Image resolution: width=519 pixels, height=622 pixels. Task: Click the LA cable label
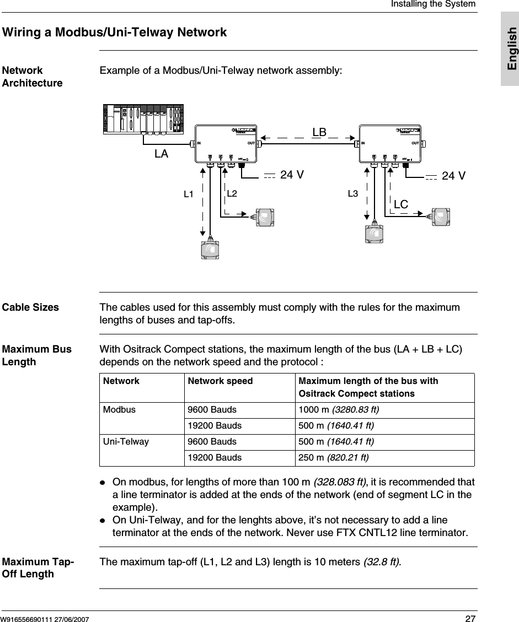click(161, 154)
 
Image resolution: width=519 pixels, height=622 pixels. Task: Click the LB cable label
click(320, 133)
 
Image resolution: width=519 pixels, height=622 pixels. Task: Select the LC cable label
click(401, 204)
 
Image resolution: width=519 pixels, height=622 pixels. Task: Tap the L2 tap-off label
click(232, 194)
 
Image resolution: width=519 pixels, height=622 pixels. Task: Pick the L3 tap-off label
click(353, 194)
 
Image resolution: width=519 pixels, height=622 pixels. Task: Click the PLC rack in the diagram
click(143, 118)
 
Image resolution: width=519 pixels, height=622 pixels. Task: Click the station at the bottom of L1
click(210, 248)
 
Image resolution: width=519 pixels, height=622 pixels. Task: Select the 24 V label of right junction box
click(453, 176)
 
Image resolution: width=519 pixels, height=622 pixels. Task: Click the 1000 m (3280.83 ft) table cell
click(338, 410)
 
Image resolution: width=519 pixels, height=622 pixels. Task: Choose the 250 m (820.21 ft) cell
click(333, 458)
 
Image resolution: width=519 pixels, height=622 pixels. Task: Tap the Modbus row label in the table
click(117, 410)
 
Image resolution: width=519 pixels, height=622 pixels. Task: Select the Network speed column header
click(220, 381)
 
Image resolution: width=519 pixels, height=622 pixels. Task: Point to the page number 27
click(469, 618)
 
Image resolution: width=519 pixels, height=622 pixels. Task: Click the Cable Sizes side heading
click(30, 307)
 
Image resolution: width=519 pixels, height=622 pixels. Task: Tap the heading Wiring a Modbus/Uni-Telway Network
click(115, 33)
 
